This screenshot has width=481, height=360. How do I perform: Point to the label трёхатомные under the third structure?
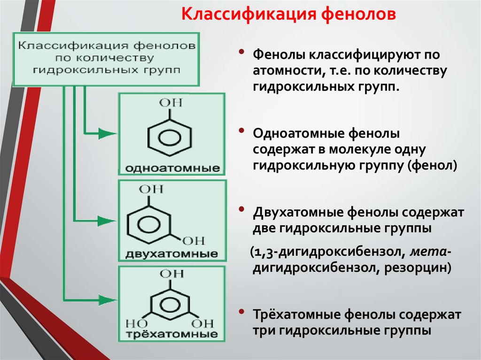coord(172,335)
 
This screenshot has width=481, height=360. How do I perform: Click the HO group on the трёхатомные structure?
coord(136,324)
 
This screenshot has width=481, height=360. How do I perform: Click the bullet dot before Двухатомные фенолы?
coord(241,208)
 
